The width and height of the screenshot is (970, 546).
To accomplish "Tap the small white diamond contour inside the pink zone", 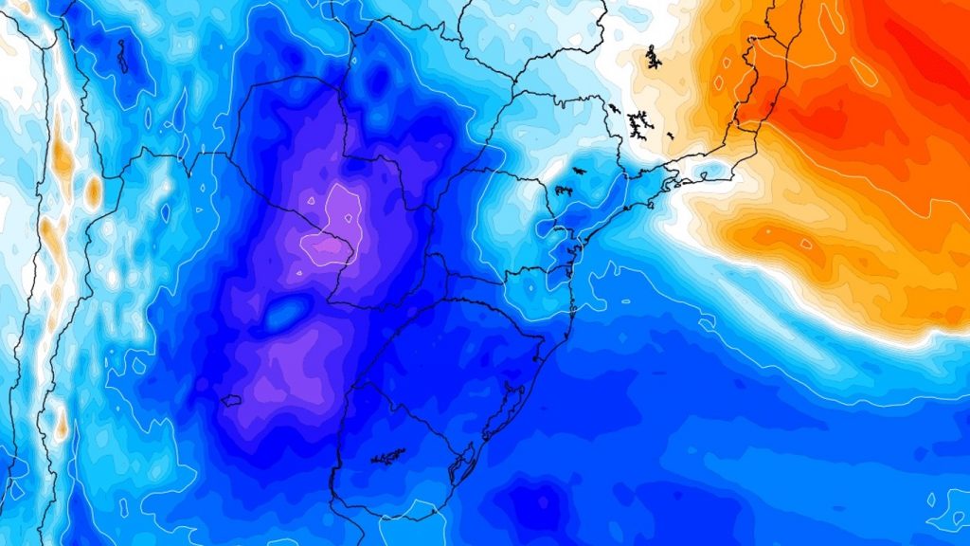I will pyautogui.click(x=297, y=275).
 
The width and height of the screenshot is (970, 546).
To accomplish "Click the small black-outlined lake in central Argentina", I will pyautogui.click(x=231, y=400).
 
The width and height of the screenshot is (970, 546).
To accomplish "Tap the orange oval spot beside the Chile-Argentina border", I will pyautogui.click(x=93, y=191).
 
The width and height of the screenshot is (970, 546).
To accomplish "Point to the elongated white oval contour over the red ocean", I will pyautogui.click(x=863, y=71).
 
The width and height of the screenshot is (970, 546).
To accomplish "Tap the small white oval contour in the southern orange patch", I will pyautogui.click(x=805, y=244).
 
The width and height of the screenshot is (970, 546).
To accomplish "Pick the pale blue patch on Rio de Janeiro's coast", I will pyautogui.click(x=706, y=173).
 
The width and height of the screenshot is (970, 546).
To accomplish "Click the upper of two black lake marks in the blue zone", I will pyautogui.click(x=574, y=172).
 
